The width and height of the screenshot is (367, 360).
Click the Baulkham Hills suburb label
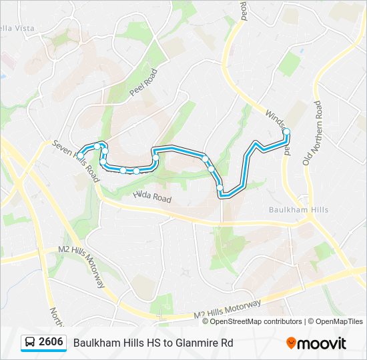(298, 209)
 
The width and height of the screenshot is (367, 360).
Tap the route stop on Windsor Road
(287, 132)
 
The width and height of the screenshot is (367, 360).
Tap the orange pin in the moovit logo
(291, 343)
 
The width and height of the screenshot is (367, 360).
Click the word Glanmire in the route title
(203, 343)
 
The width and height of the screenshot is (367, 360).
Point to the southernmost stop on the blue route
(220, 187)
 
